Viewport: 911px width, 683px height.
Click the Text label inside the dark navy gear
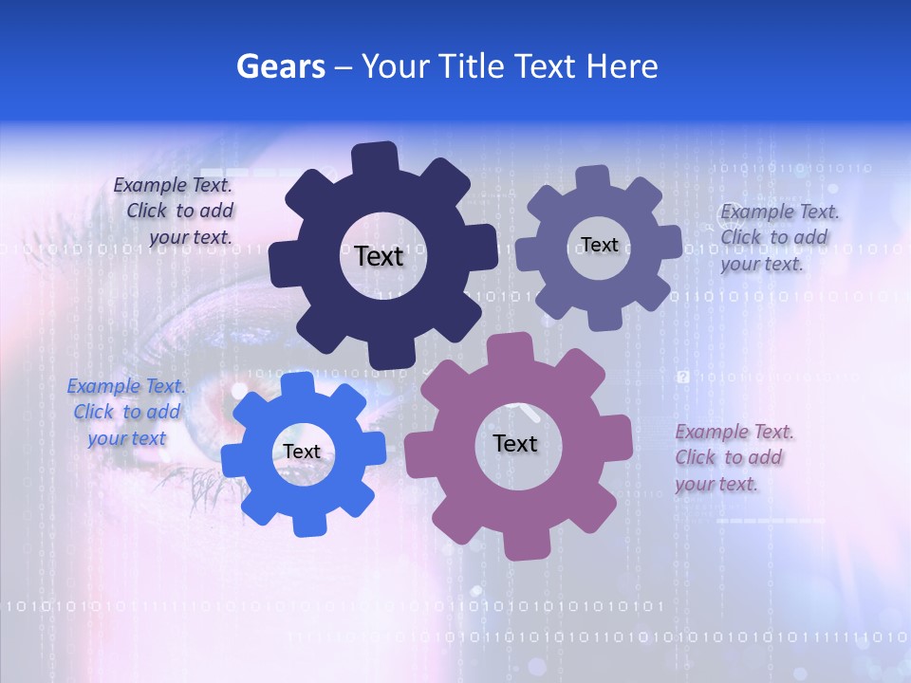[379, 256]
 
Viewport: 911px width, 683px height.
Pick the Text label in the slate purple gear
[600, 245]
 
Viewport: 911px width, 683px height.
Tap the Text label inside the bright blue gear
[302, 452]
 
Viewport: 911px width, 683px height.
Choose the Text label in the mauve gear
[515, 443]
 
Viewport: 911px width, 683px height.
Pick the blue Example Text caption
[126, 412]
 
